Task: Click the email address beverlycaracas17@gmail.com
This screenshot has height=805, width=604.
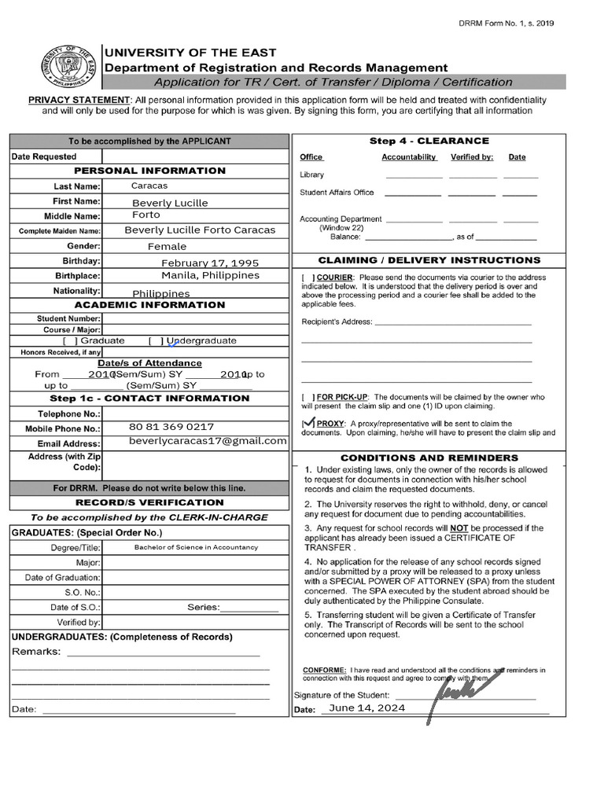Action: pos(208,441)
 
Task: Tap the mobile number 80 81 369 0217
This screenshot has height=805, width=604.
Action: pos(171,427)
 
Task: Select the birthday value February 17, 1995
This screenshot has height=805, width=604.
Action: pos(210,263)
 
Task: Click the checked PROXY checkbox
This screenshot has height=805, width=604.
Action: pos(308,424)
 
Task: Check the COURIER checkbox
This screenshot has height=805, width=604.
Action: pos(308,278)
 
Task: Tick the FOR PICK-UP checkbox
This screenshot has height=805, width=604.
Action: pos(308,398)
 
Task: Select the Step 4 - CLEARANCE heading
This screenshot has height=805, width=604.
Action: pos(429,142)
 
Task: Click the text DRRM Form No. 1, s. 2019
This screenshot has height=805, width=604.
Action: pos(506,24)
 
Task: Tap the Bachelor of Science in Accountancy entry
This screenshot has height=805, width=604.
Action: pos(196,547)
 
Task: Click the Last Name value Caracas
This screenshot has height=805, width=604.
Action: pos(149,186)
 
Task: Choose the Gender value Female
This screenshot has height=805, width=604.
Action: pos(168,246)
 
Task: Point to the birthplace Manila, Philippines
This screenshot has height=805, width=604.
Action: pos(210,276)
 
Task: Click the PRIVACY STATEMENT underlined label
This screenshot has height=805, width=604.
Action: pos(79,101)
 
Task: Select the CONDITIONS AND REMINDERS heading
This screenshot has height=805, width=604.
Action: pos(429,458)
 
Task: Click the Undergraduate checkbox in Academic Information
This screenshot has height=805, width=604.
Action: pos(156,340)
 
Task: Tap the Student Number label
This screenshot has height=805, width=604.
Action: pos(68,318)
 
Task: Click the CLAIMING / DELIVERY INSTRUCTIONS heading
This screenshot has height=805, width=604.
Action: pos(429,260)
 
